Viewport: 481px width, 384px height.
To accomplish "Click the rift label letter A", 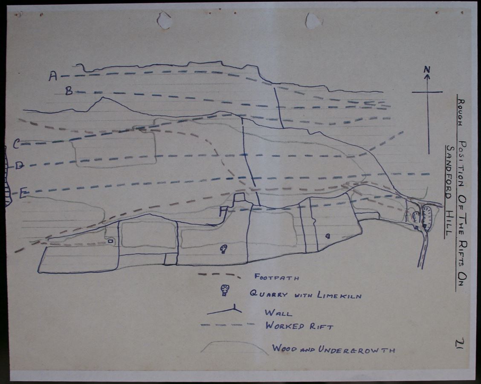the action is (53, 76).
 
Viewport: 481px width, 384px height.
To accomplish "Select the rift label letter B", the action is (69, 91).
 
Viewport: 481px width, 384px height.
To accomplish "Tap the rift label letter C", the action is (17, 144).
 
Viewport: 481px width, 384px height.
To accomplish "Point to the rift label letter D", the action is (20, 166).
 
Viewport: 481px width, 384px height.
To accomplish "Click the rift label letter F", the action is (223, 212).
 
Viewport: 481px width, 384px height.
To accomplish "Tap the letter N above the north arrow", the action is (427, 70).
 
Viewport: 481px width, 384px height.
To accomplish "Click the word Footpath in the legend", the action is (277, 277).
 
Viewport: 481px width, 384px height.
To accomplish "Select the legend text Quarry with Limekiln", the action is (306, 295).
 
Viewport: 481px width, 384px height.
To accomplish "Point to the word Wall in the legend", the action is (278, 313).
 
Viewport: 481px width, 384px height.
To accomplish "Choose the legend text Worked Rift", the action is (299, 326).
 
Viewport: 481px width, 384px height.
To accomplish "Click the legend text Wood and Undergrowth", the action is (334, 349).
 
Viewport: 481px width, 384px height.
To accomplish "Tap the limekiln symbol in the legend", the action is (225, 290).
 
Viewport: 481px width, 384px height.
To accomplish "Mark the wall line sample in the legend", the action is (225, 311).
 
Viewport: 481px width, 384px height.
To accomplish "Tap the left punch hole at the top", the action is (164, 20).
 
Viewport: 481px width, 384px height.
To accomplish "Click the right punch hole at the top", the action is (314, 20).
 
